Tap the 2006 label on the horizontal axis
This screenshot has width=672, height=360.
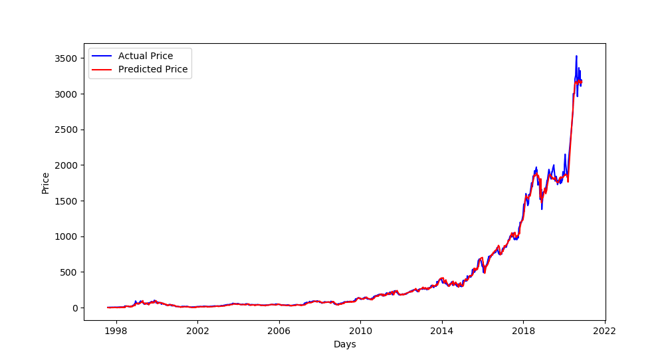pyautogui.click(x=279, y=330)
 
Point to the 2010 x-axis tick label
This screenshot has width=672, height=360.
pyautogui.click(x=360, y=330)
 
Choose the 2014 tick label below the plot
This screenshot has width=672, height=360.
pyautogui.click(x=441, y=330)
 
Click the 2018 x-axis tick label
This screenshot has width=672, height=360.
pyautogui.click(x=523, y=330)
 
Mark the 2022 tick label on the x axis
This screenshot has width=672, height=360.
pyautogui.click(x=604, y=330)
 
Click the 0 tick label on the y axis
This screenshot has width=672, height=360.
pyautogui.click(x=76, y=308)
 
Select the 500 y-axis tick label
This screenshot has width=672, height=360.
pyautogui.click(x=70, y=272)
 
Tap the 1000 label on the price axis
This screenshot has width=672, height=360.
pyautogui.click(x=67, y=236)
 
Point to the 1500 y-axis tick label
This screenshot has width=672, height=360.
pyautogui.click(x=67, y=201)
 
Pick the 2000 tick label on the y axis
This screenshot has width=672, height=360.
pyautogui.click(x=67, y=165)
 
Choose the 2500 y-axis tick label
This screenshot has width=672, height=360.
pyautogui.click(x=67, y=130)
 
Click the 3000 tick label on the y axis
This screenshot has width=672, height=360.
pyautogui.click(x=67, y=94)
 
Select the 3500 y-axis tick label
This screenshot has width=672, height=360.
pyautogui.click(x=67, y=58)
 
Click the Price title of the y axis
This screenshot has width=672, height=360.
pyautogui.click(x=46, y=183)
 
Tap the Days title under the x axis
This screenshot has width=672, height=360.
pyautogui.click(x=344, y=344)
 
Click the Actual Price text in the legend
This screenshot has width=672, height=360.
pyautogui.click(x=146, y=56)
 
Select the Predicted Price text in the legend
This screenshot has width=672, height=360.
pyautogui.click(x=153, y=69)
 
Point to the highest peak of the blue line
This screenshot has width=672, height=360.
pyautogui.click(x=576, y=56)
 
